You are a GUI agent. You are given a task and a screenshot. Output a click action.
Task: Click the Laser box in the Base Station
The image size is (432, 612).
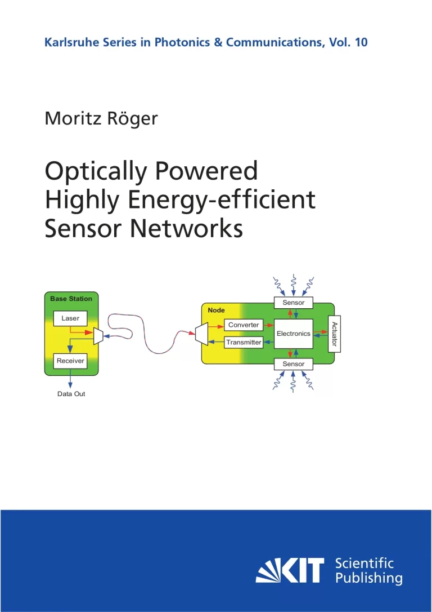(x=70, y=318)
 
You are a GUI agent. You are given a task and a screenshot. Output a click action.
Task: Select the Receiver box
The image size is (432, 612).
(x=70, y=361)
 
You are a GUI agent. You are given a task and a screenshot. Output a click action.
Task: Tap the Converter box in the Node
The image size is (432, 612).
(x=244, y=325)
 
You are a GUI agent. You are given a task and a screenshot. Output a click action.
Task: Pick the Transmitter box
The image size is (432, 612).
(x=244, y=342)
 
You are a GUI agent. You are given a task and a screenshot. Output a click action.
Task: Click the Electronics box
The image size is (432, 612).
(x=293, y=334)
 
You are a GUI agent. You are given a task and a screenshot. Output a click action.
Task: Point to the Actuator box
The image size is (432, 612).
(x=334, y=334)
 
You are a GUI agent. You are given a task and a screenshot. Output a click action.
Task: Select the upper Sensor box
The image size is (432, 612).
(x=294, y=303)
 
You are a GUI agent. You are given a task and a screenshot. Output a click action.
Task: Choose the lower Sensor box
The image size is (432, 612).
(x=294, y=364)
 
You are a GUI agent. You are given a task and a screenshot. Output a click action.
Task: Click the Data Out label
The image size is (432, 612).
(x=71, y=394)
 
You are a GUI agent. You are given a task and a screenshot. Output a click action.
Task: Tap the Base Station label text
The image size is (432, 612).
(x=71, y=298)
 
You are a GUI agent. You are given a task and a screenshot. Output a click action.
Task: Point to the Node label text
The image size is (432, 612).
(x=216, y=311)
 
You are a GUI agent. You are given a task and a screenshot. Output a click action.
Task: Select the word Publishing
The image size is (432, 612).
(x=368, y=578)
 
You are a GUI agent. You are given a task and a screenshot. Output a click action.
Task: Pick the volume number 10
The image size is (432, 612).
(x=361, y=42)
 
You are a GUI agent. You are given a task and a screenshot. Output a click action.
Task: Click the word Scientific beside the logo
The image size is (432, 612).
(x=364, y=562)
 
